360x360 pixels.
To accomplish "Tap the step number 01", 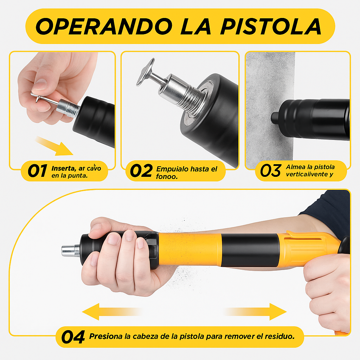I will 37,171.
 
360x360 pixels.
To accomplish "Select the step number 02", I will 141,171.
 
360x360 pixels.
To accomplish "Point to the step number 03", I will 270,171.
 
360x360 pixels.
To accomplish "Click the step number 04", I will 73,337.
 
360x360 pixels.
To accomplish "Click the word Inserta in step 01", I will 62,168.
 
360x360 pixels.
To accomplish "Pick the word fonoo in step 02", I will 166,176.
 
